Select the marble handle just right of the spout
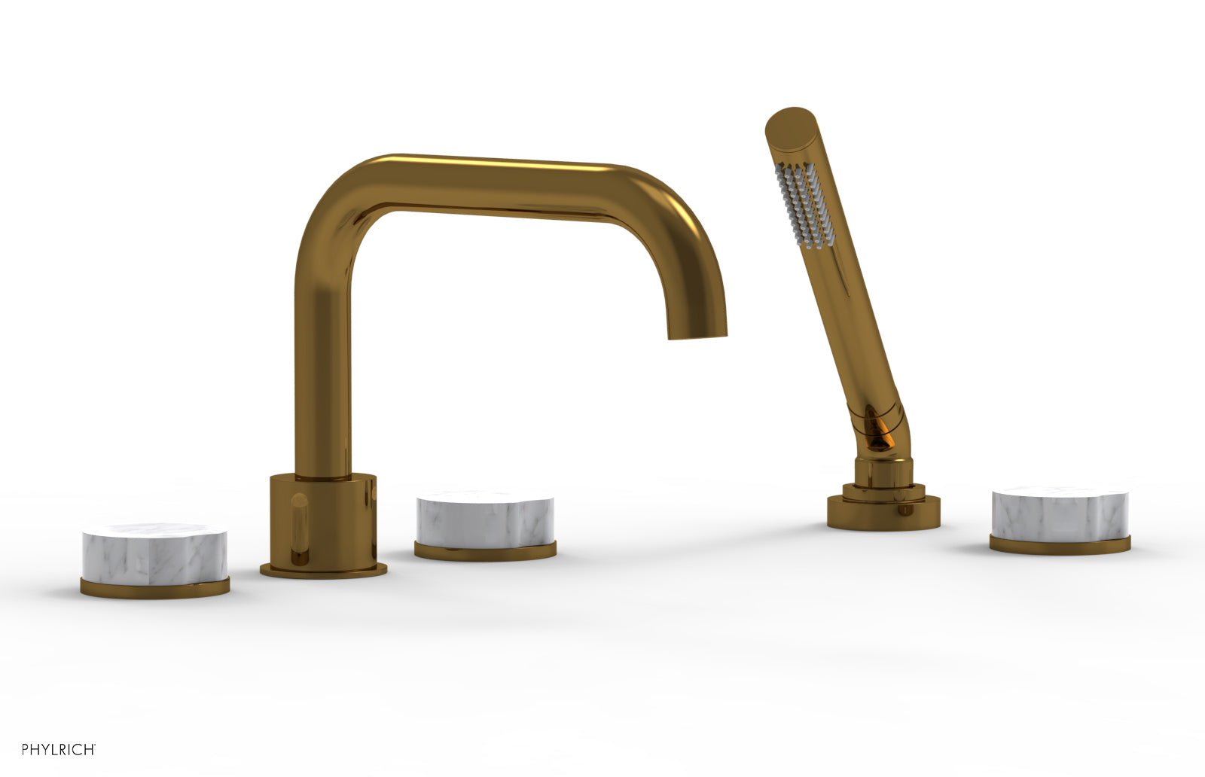click(x=485, y=519)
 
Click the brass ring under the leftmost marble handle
click(x=154, y=588)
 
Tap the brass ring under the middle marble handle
click(x=485, y=551)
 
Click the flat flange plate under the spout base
click(x=324, y=569)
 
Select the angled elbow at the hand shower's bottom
click(x=877, y=429)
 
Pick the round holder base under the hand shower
click(x=883, y=512)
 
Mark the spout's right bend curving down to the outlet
click(x=678, y=226)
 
